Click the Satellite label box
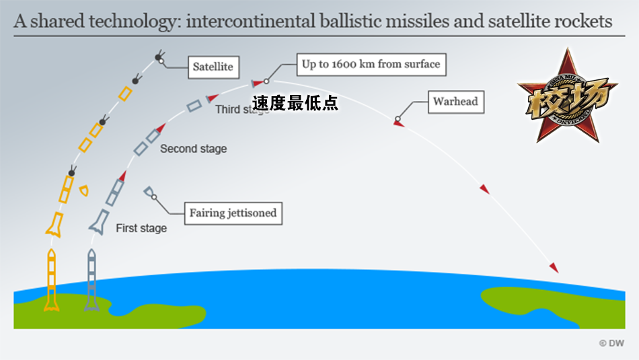[x=213, y=67]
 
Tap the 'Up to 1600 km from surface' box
[x=371, y=65]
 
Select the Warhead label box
[x=455, y=102]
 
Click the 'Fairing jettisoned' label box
[x=233, y=213]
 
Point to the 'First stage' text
[x=141, y=228]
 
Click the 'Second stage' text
[x=193, y=149]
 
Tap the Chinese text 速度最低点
[x=295, y=103]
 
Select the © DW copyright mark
[x=611, y=343]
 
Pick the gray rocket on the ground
[x=91, y=281]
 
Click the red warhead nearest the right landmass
[x=554, y=268]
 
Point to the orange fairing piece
[x=84, y=190]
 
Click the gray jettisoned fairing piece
[x=149, y=192]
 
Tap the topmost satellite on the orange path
[x=160, y=57]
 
